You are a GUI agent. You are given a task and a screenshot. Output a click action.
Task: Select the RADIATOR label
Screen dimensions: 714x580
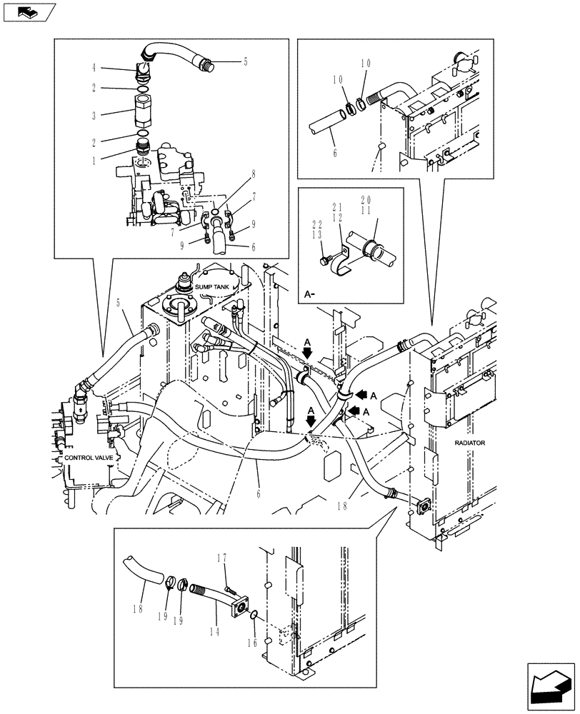469,443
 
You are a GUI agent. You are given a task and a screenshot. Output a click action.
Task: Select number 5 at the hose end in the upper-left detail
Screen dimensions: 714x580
245,62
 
